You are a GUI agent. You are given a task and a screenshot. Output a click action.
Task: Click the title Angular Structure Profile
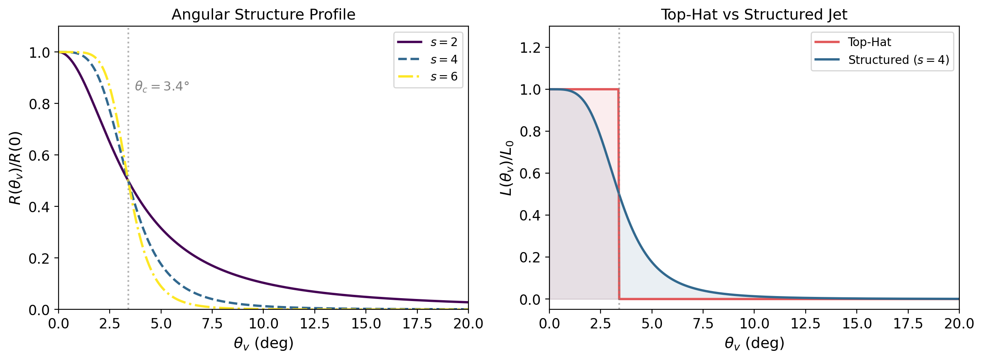pos(263,15)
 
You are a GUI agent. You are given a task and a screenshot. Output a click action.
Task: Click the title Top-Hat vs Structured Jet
pos(754,15)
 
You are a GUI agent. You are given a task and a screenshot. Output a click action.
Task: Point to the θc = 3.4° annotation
pos(162,86)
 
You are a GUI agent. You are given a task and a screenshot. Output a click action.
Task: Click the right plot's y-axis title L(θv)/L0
pos(506,168)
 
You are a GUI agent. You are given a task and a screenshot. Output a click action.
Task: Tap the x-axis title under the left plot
pos(263,343)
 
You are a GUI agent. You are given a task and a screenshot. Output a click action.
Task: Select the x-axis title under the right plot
pos(754,343)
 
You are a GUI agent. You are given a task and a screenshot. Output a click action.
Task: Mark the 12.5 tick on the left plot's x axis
pos(314,323)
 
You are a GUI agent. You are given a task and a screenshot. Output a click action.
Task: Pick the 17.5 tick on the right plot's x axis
pos(908,323)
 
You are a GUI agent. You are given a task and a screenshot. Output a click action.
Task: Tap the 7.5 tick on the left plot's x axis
pos(212,323)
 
